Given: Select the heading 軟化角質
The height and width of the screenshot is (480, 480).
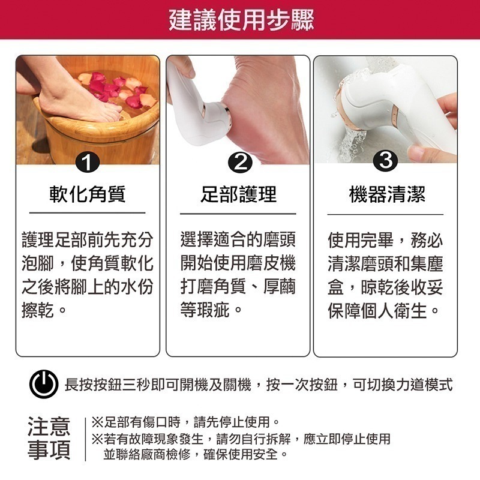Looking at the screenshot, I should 88,194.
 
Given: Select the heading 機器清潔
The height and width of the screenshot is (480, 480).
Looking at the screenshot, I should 386,194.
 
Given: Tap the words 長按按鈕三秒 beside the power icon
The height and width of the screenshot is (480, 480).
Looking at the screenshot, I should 102,385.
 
